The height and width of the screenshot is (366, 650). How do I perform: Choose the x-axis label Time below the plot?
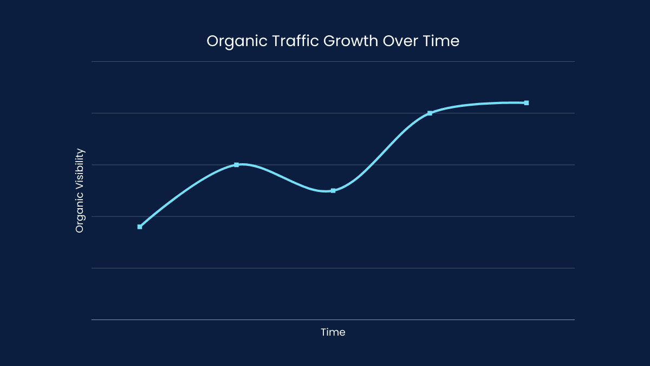(333, 332)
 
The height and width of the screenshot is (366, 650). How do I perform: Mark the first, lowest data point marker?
(140, 227)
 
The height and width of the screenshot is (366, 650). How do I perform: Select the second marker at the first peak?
(236, 164)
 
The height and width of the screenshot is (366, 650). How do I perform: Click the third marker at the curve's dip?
(333, 191)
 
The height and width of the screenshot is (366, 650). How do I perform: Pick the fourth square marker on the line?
(430, 113)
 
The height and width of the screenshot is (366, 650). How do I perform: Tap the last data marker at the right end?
(526, 102)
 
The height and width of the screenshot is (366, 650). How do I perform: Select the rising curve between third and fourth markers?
(381, 152)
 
